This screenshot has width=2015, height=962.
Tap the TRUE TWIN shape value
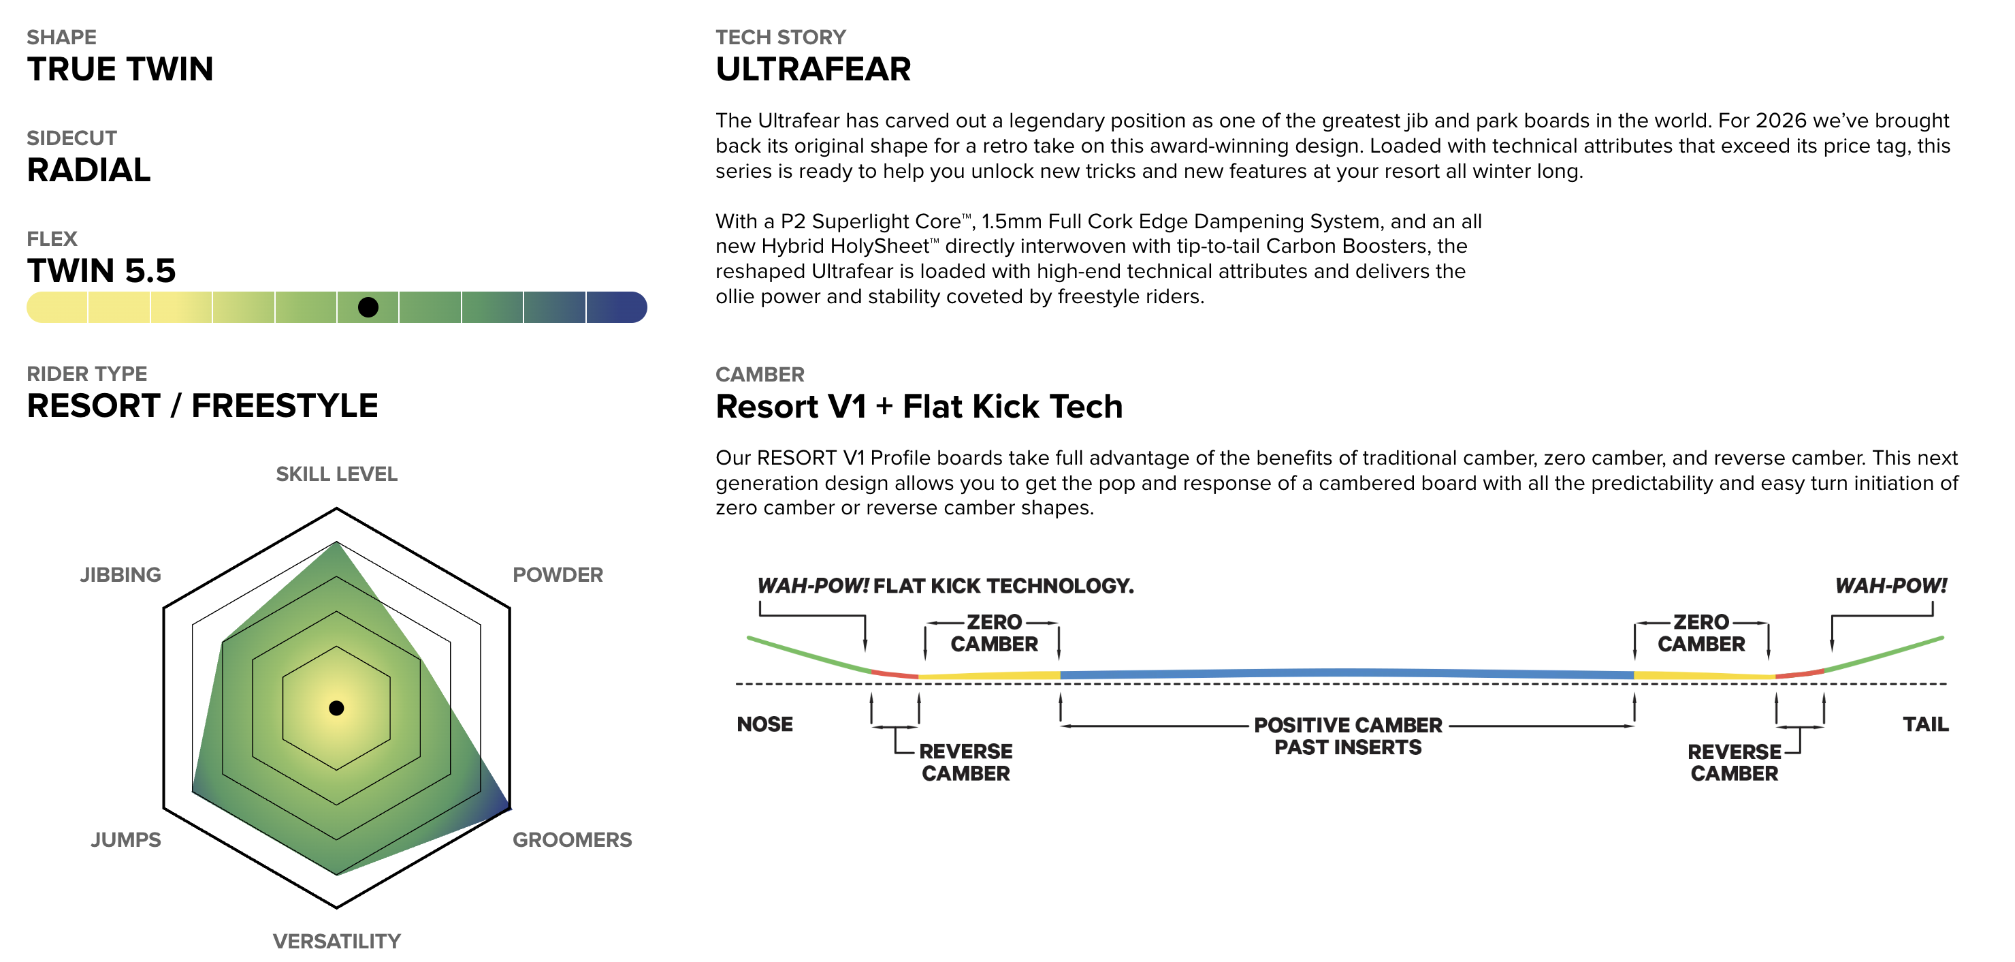pyautogui.click(x=120, y=69)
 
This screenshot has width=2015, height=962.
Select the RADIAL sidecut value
pyautogui.click(x=88, y=170)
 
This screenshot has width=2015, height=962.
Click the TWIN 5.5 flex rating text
pyautogui.click(x=101, y=271)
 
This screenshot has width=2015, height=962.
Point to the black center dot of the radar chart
pyautogui.click(x=336, y=709)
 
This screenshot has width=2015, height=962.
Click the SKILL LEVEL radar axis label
pyautogui.click(x=336, y=474)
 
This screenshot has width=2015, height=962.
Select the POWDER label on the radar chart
pyautogui.click(x=557, y=575)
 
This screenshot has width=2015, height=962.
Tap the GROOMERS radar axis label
pyautogui.click(x=572, y=840)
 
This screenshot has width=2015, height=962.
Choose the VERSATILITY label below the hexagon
pyautogui.click(x=336, y=941)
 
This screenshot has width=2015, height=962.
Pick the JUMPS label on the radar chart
pyautogui.click(x=125, y=840)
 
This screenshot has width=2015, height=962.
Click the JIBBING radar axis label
pyautogui.click(x=120, y=575)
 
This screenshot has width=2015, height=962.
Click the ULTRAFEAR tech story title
pyautogui.click(x=813, y=69)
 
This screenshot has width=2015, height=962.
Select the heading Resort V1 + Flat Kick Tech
pyautogui.click(x=918, y=407)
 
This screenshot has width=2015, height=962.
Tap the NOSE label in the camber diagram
pyautogui.click(x=764, y=725)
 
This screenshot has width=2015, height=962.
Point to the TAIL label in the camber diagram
pyautogui.click(x=1925, y=725)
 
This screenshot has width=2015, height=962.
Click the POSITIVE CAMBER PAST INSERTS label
pyautogui.click(x=1347, y=736)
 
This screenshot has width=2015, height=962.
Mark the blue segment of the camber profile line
pyautogui.click(x=1345, y=673)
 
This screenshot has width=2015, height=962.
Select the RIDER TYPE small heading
pyautogui.click(x=87, y=374)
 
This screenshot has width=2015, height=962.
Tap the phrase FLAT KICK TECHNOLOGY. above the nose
pyautogui.click(x=1003, y=587)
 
